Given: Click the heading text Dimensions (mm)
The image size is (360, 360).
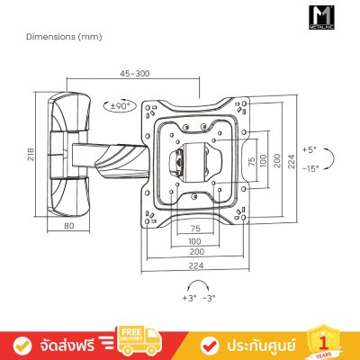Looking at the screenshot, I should click(50, 37).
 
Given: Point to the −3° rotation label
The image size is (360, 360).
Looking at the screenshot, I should click(208, 296).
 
